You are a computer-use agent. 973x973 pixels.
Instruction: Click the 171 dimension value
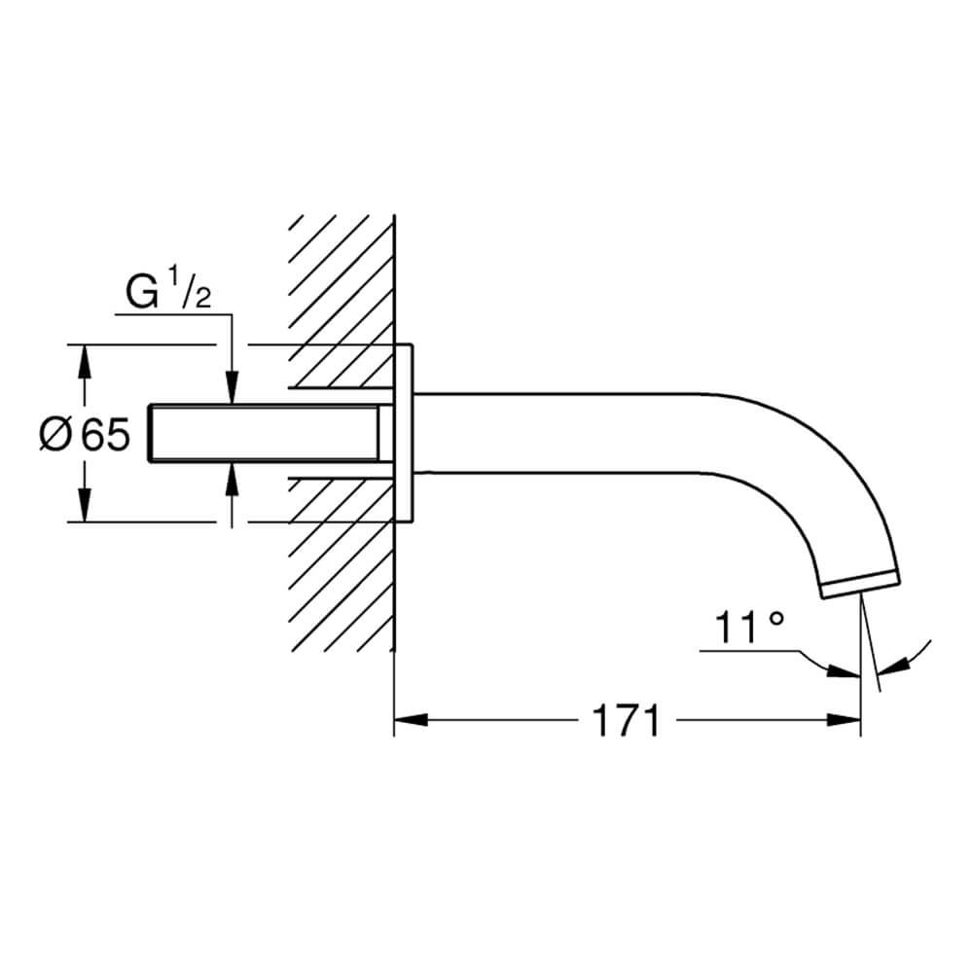point(627,720)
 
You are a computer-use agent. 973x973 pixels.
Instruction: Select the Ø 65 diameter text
point(85,434)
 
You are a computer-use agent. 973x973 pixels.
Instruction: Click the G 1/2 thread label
point(168,292)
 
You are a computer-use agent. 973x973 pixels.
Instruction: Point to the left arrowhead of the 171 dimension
point(411,720)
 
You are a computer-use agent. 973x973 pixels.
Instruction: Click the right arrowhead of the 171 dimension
point(844,720)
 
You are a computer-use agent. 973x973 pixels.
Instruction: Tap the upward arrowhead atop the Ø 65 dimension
point(85,361)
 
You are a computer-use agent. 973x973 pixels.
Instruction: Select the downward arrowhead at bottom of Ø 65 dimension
point(85,505)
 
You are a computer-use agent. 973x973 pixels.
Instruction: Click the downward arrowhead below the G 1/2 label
point(232,387)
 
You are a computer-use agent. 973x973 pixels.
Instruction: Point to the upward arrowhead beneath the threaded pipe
point(232,479)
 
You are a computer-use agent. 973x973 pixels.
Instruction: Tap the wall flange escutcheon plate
point(404,433)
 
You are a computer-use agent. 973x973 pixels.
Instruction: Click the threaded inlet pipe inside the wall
point(264,433)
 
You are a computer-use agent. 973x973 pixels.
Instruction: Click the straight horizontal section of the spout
point(559,433)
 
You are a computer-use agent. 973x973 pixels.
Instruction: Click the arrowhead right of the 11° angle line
point(892,667)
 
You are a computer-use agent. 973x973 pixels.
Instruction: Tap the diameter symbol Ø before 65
point(54,434)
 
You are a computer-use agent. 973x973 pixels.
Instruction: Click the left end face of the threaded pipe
point(149,433)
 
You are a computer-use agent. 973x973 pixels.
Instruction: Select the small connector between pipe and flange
point(386,433)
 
